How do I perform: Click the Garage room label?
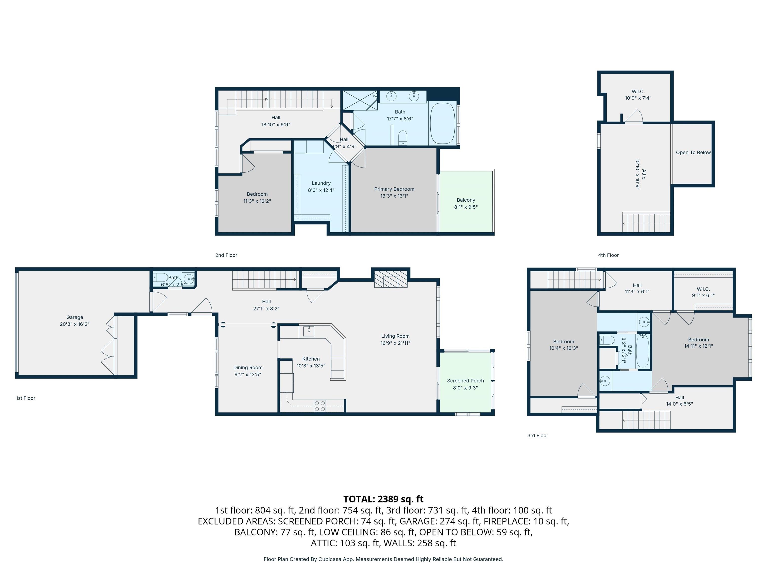click(x=75, y=317)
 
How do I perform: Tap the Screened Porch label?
click(x=465, y=381)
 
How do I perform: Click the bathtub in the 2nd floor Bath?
click(x=442, y=123)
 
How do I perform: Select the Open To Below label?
click(x=693, y=152)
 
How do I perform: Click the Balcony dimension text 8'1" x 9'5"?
click(x=466, y=207)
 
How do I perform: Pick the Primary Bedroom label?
click(x=394, y=189)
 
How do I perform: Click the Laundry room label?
click(x=321, y=183)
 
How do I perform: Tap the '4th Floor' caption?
click(x=608, y=255)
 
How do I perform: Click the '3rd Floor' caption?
click(x=538, y=435)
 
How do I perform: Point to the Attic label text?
click(x=644, y=174)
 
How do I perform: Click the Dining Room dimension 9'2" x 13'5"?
click(x=248, y=374)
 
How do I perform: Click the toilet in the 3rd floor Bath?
click(x=607, y=339)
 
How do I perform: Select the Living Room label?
click(x=395, y=336)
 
